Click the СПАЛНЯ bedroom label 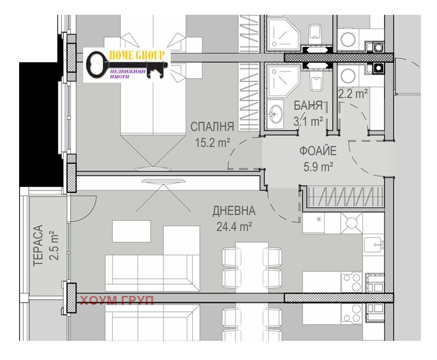212,126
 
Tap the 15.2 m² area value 213,143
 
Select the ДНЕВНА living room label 234,211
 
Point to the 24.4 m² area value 234,226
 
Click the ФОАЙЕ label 318,151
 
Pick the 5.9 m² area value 318,167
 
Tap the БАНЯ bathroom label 308,105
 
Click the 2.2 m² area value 353,94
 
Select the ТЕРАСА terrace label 38,245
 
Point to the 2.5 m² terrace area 54,245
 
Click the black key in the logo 125,65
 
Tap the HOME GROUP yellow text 136,55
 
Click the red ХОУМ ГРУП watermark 116,300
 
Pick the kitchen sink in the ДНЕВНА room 374,245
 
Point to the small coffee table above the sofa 131,231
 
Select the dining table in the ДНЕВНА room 252,267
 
